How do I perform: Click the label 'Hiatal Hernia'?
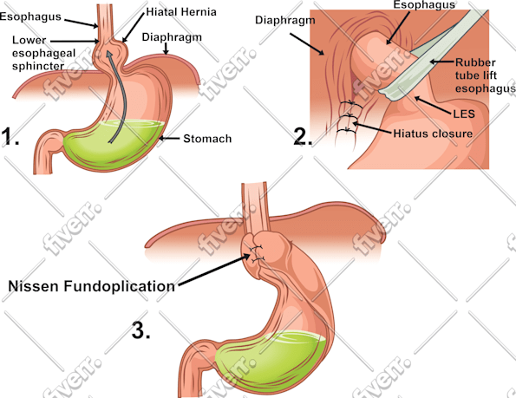click(181, 12)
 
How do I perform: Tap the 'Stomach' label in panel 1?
click(207, 139)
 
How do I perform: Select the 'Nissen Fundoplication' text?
click(91, 286)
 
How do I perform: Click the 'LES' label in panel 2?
click(464, 114)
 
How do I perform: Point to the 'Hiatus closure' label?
click(433, 134)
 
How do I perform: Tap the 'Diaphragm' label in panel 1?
click(172, 37)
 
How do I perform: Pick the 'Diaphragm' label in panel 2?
click(285, 21)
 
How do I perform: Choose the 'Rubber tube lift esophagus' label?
click(485, 75)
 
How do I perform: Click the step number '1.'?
click(10, 136)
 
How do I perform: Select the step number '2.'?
click(303, 136)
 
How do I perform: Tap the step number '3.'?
click(141, 329)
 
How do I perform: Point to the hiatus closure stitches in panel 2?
click(349, 117)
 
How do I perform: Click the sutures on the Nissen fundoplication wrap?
click(257, 253)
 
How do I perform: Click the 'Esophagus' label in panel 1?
click(30, 16)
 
